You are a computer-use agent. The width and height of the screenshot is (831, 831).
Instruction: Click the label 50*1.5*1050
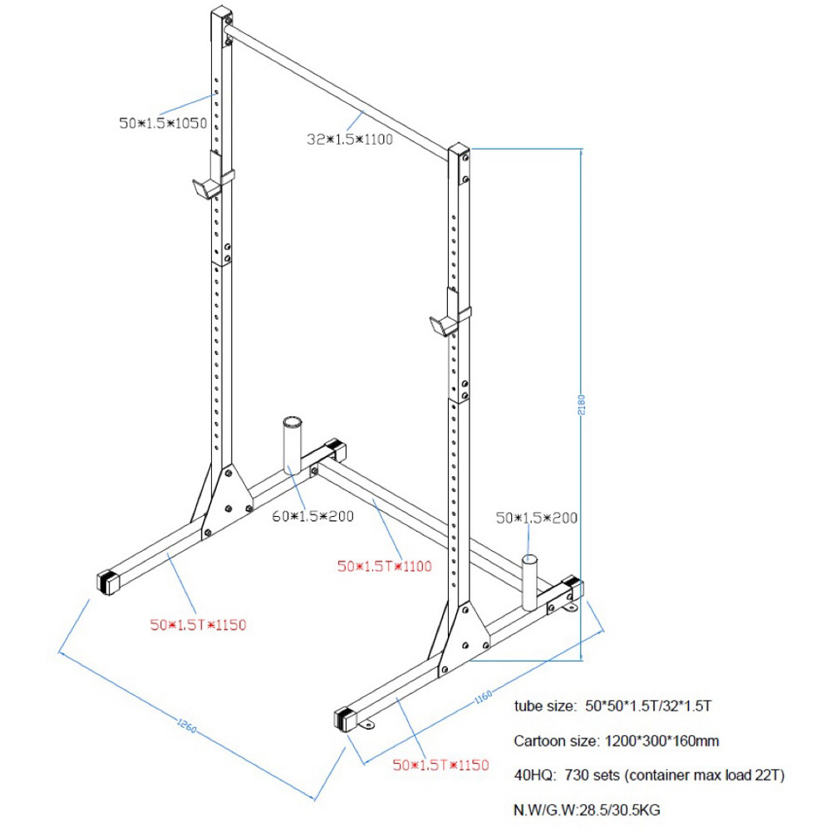coord(162,123)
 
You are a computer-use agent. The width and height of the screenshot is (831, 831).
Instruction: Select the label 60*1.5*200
coord(313,516)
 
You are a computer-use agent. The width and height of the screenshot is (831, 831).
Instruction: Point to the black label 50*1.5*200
coord(536,517)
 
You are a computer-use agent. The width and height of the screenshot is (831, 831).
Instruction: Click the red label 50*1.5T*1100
coord(384,567)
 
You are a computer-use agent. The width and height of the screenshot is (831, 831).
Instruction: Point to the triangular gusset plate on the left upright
coord(222,499)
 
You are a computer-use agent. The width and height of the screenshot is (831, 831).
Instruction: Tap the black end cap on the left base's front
coord(109,583)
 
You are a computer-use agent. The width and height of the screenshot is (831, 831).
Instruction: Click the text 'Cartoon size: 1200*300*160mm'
coord(616,740)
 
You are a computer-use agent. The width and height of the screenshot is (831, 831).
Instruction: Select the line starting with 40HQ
coord(649,775)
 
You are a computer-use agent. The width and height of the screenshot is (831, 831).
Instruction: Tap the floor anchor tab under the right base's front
coord(367,725)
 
